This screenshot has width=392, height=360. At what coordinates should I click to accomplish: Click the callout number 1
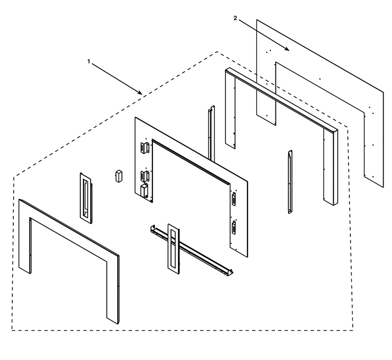(x=89, y=61)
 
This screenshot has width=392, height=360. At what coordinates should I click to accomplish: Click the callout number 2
(x=235, y=18)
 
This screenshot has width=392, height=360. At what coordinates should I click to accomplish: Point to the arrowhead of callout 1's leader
(x=141, y=93)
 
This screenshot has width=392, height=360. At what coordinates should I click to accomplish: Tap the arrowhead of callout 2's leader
(x=288, y=50)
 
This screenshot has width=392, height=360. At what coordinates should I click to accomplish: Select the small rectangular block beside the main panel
(x=118, y=176)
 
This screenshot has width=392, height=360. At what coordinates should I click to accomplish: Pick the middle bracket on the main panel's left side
(x=145, y=175)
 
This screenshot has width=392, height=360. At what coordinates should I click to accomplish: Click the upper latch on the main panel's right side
(x=233, y=199)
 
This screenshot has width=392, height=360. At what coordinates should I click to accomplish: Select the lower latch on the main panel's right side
(x=233, y=227)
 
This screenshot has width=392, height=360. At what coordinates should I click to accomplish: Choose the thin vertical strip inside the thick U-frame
(x=290, y=181)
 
